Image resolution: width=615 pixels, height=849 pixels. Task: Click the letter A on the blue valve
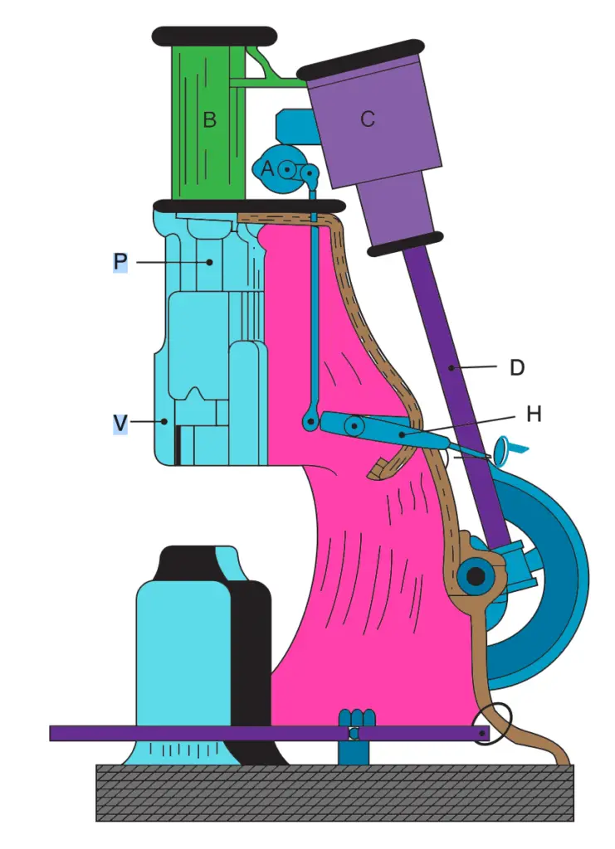coord(267,167)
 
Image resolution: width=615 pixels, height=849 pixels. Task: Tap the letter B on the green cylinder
coord(209,119)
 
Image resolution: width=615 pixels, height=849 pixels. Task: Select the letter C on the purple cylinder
coord(368,119)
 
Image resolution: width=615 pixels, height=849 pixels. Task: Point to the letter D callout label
coord(516,367)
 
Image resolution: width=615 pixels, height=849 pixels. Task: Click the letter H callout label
coord(534,415)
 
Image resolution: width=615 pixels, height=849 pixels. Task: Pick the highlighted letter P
coord(120,262)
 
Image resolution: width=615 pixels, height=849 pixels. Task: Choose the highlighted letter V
coord(120,423)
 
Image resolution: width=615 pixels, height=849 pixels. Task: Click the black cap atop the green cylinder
coord(214,35)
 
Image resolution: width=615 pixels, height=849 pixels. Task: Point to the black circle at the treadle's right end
coord(493,722)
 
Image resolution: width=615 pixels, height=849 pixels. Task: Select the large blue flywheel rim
coord(564,580)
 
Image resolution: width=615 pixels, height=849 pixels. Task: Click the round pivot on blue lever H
coord(354,426)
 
